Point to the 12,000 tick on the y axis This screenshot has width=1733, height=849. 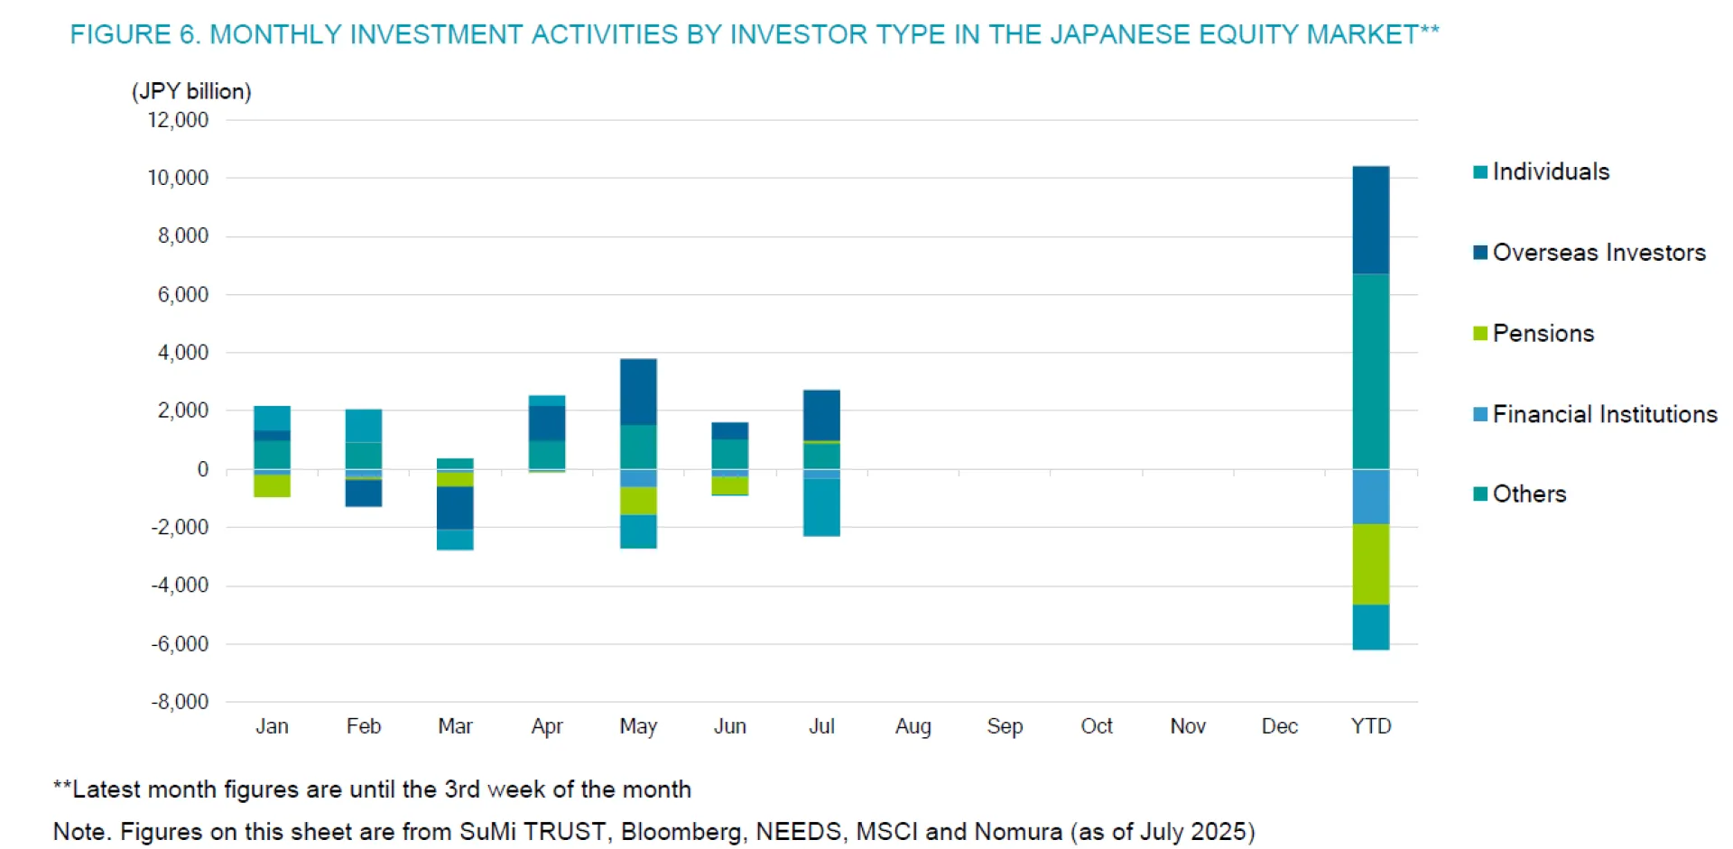(x=178, y=120)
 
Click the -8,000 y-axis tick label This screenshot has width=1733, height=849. (x=180, y=702)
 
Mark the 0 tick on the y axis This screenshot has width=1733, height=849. (x=202, y=469)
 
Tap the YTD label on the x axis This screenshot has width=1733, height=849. (x=1370, y=726)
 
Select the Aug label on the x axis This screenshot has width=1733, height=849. (x=913, y=726)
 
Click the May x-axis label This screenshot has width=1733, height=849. (x=638, y=726)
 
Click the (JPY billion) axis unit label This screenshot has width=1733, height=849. (x=191, y=91)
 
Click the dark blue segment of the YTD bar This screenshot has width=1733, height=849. (x=1370, y=220)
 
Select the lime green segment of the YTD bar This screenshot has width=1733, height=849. (x=1370, y=564)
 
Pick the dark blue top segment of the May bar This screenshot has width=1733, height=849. (x=638, y=392)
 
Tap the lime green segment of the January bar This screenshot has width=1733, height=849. (x=272, y=485)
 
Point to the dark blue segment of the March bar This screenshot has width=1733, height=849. (x=455, y=508)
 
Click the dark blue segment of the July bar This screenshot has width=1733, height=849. (x=821, y=415)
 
